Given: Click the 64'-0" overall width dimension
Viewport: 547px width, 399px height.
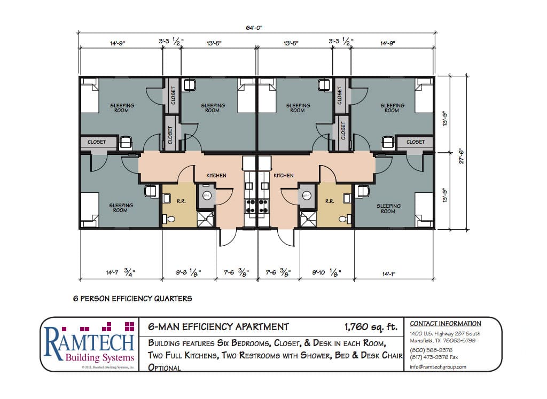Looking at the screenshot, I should [255, 27].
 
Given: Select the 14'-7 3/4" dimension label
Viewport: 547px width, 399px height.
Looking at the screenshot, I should [120, 272].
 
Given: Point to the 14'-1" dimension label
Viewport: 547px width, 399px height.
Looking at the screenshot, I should [393, 272].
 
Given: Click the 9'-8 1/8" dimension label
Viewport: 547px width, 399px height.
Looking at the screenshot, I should [189, 272].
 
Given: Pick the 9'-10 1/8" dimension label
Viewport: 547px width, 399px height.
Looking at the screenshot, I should [325, 272].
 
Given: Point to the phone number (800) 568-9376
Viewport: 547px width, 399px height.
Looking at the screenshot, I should [431, 349].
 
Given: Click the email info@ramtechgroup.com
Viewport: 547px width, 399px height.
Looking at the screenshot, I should [438, 367].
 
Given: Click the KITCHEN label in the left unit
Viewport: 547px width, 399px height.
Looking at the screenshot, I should [216, 175].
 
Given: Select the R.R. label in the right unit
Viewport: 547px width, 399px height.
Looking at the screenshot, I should [330, 202].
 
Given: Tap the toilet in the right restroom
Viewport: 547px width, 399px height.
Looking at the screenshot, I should [343, 219].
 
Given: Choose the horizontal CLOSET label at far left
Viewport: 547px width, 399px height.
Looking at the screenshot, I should [97, 142].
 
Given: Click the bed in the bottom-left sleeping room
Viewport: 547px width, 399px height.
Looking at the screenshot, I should [90, 210].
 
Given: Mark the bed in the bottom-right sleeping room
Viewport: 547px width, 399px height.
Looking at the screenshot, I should [424, 210].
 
